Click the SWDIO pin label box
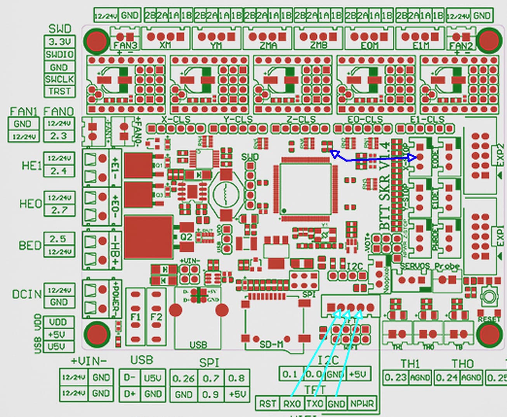(59, 54)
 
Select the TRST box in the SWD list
(59, 92)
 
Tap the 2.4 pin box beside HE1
(59, 170)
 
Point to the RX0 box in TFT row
(292, 404)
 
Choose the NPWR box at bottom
(362, 404)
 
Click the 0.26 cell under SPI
(183, 378)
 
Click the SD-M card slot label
(271, 344)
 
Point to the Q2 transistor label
(186, 237)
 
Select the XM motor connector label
(165, 45)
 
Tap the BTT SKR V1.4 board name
(385, 186)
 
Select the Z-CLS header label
(301, 119)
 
